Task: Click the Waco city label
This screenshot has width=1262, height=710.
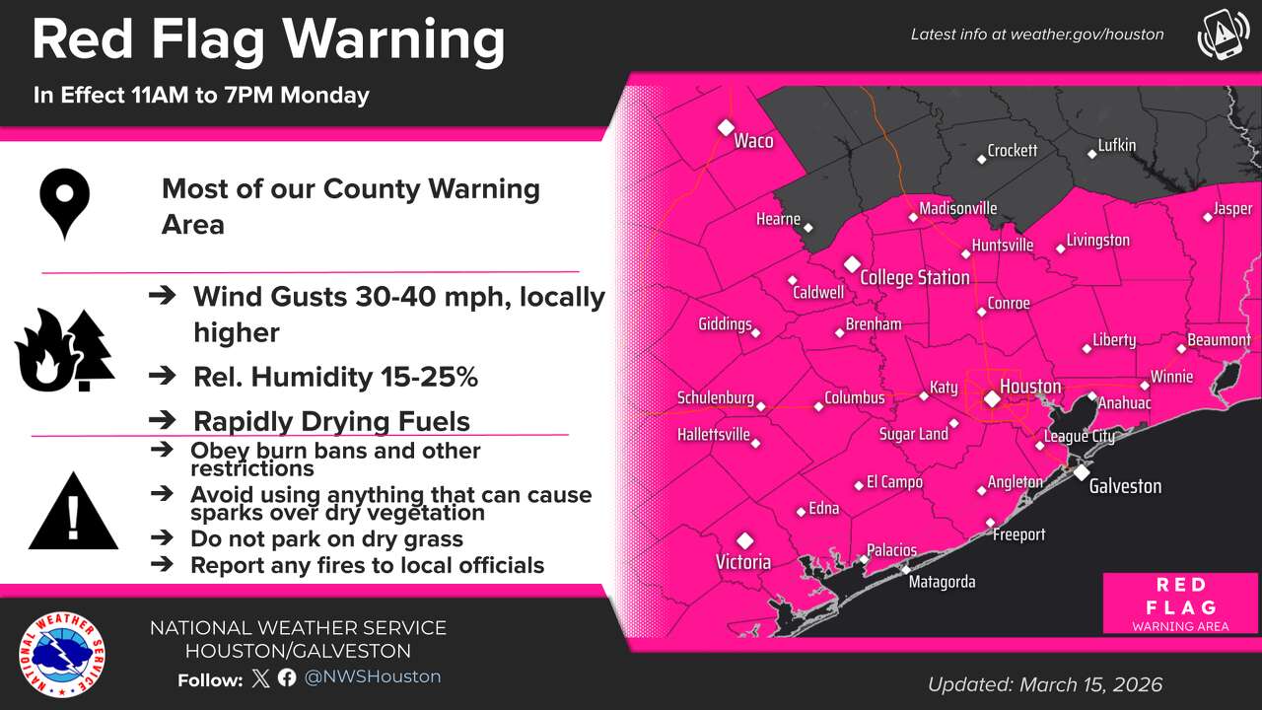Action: click(x=753, y=141)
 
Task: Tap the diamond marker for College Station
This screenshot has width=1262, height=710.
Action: click(x=852, y=264)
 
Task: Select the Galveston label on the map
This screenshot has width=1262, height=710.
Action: click(x=1125, y=486)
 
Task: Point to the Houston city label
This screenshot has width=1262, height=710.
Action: click(x=1030, y=386)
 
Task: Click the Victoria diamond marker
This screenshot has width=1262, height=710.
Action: click(x=745, y=540)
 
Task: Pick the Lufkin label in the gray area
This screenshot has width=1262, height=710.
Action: click(x=1117, y=146)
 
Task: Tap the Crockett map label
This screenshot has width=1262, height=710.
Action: click(x=1013, y=151)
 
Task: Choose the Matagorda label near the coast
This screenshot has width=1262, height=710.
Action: click(x=942, y=582)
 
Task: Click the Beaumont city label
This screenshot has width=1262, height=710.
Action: click(x=1219, y=340)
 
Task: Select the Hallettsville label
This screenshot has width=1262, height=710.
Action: click(x=714, y=435)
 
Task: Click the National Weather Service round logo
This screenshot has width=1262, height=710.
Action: click(x=62, y=654)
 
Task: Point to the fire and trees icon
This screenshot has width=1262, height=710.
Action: click(x=64, y=350)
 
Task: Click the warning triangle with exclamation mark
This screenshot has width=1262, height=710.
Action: click(x=73, y=512)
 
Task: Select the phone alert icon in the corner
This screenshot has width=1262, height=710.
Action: click(x=1223, y=35)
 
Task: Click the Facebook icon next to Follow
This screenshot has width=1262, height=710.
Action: click(x=287, y=677)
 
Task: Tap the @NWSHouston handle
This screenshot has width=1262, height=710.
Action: click(x=372, y=677)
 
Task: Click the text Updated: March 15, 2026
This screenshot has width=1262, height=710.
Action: click(x=1045, y=684)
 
